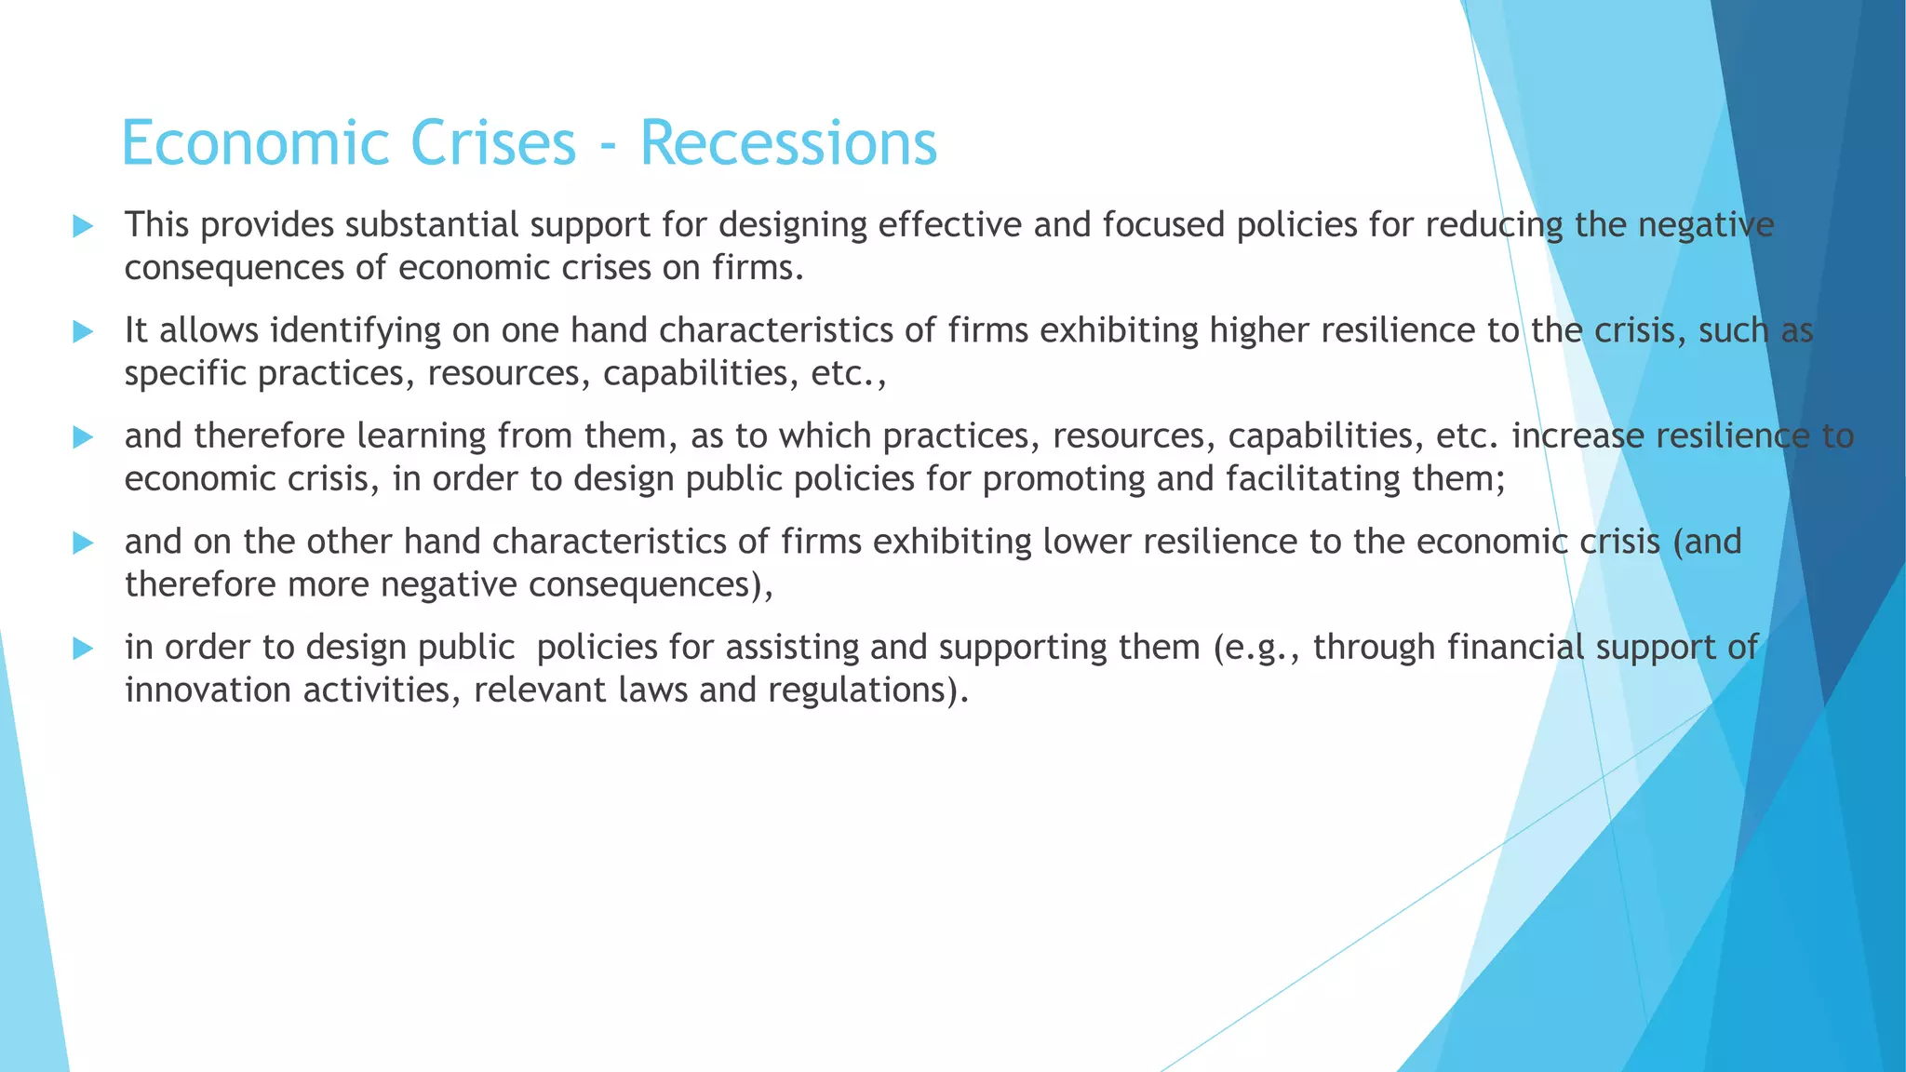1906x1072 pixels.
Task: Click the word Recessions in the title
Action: coord(788,143)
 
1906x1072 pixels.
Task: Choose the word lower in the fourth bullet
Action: coord(1086,542)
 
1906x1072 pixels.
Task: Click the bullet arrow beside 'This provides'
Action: coord(83,225)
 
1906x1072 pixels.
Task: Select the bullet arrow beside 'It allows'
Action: coord(83,331)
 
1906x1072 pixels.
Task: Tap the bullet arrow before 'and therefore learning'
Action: coord(83,436)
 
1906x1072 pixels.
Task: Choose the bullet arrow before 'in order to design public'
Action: coord(83,648)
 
